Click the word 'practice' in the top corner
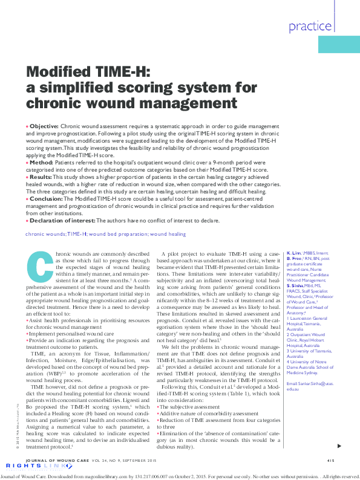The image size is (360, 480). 309,26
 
